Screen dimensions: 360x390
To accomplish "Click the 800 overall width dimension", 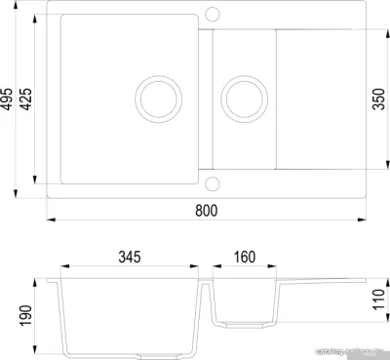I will click(205, 211).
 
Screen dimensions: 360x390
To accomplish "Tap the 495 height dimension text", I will click(9, 98).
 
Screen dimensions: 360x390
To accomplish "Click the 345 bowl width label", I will click(131, 259).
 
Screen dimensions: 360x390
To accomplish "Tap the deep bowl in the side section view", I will click(131, 312).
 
